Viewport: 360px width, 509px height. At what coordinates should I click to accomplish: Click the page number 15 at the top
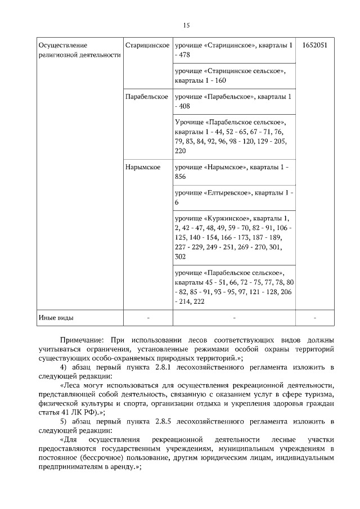tap(186, 25)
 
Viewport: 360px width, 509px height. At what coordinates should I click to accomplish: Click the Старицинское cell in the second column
tap(147, 44)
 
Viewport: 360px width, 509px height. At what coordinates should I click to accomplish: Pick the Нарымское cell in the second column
tap(143, 167)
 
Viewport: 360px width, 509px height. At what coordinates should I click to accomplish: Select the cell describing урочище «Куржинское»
tap(233, 237)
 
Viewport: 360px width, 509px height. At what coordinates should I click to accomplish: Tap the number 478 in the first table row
tap(186, 55)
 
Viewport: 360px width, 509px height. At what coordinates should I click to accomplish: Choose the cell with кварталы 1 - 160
tap(233, 76)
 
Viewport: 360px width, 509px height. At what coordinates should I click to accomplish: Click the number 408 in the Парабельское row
tap(186, 106)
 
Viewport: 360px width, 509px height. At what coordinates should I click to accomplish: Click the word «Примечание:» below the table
tap(82, 340)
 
